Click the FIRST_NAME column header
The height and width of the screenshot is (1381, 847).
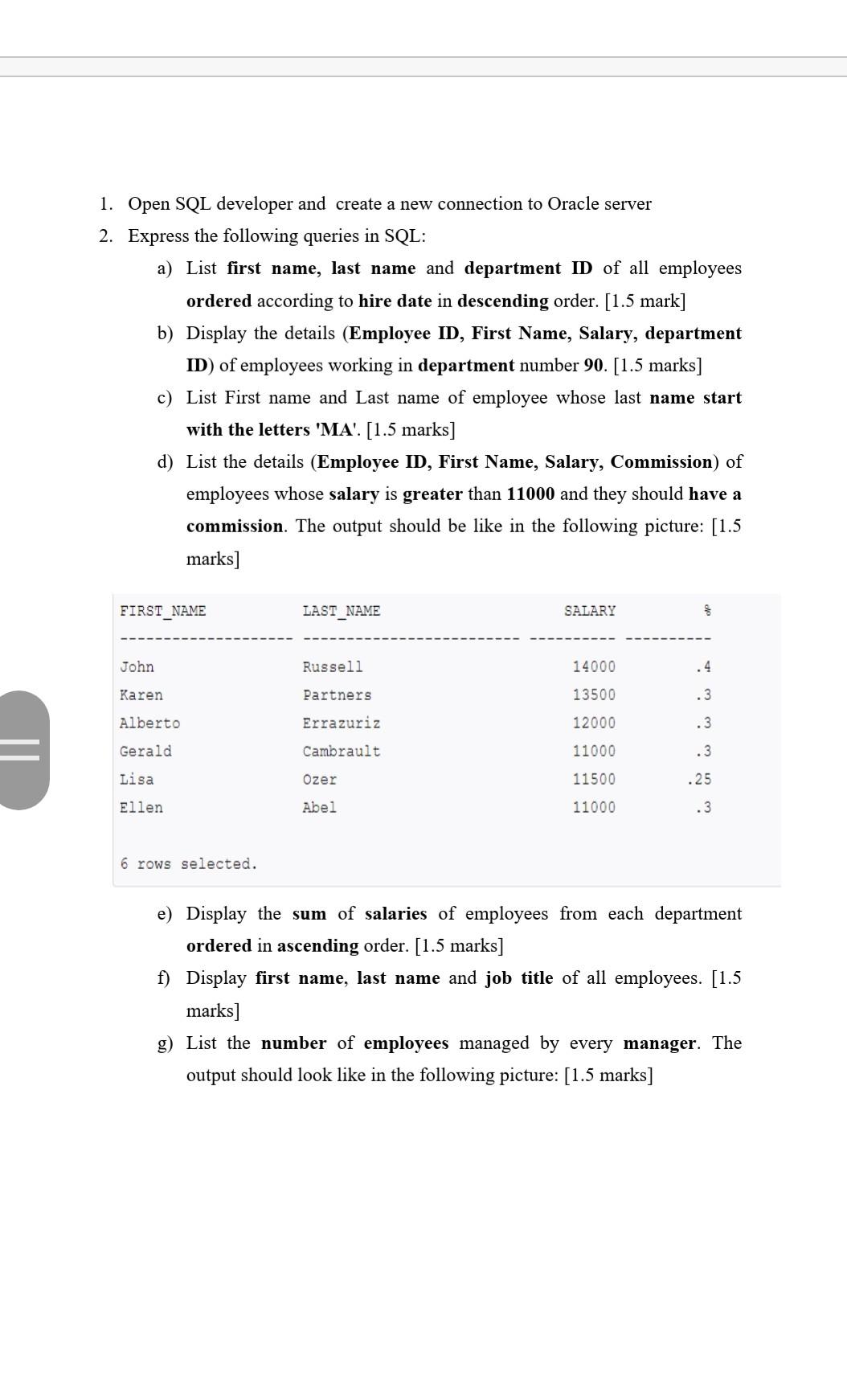point(163,611)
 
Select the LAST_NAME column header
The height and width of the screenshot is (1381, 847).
point(342,611)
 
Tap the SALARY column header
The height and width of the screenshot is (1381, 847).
point(590,611)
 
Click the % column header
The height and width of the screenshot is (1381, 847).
point(707,611)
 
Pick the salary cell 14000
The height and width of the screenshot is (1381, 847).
point(594,667)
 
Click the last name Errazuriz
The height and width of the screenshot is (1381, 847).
point(342,723)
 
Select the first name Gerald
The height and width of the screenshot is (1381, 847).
point(145,752)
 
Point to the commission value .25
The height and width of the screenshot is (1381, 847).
point(699,780)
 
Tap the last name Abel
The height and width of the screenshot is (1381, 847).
point(320,808)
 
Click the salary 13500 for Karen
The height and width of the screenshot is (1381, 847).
point(594,695)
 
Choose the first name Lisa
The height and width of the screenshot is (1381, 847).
point(137,780)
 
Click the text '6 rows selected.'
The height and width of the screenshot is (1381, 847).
point(189,864)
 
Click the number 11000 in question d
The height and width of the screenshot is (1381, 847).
point(530,494)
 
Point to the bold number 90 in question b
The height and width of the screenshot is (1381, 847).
point(594,365)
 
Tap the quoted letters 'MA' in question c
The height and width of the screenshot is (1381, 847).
point(338,429)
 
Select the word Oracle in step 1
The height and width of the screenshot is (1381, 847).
point(572,204)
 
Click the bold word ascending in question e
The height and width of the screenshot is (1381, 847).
point(318,945)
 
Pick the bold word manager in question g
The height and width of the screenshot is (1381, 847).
point(660,1043)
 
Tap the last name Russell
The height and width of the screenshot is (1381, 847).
point(333,667)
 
